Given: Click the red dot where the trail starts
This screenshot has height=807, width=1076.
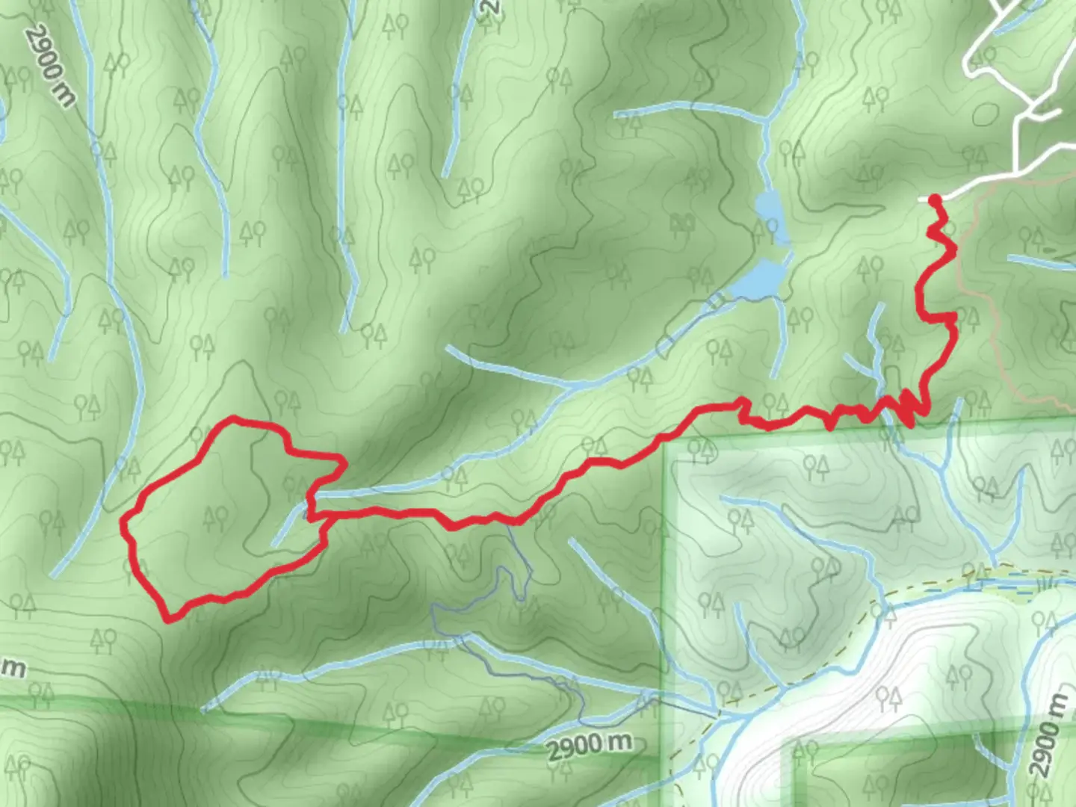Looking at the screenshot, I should tap(934, 199).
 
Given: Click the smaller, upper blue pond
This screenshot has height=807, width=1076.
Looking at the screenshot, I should tap(769, 205).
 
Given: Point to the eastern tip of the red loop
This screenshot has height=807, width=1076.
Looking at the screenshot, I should tap(343, 463).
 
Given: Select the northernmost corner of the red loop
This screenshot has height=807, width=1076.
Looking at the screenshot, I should tap(234, 418).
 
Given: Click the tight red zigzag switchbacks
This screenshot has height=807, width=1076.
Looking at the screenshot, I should tap(908, 407).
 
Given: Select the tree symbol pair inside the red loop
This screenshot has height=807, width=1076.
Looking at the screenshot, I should tap(216, 516).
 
